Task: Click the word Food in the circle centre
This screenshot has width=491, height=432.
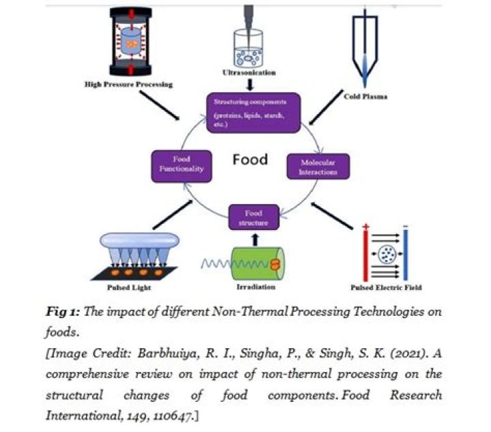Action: click(x=250, y=160)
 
